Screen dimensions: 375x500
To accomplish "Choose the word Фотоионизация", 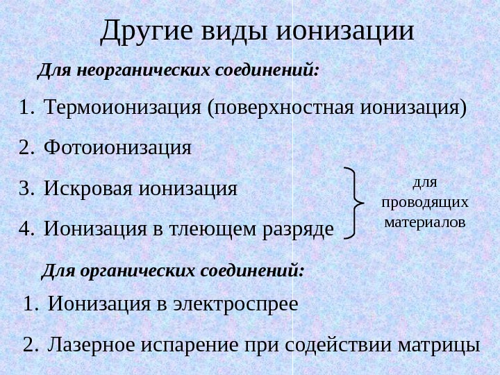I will point(117,148).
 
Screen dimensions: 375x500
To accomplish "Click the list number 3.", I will point(26,188).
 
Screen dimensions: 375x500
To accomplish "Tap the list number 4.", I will point(26,228).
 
